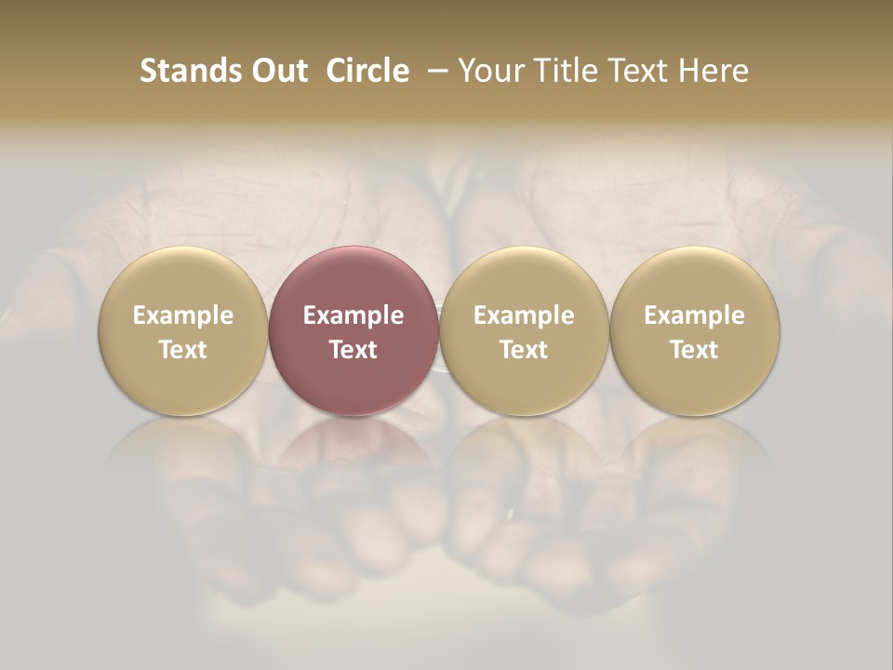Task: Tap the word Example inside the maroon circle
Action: (353, 315)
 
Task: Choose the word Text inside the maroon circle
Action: (353, 350)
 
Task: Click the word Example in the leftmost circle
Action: (183, 315)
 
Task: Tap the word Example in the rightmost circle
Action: (695, 315)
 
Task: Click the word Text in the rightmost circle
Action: (695, 350)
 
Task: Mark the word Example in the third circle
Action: (524, 315)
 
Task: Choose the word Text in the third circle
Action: (524, 350)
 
